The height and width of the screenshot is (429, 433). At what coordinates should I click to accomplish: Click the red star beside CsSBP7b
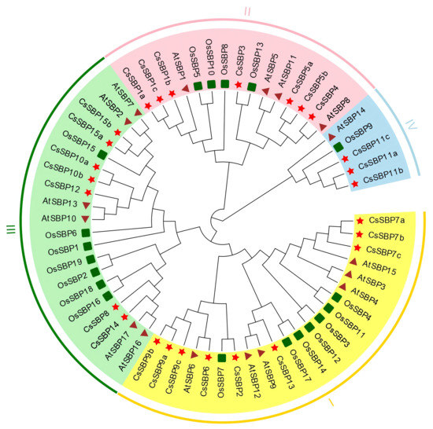click(359, 235)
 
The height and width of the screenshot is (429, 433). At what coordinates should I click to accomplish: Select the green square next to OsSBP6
click(85, 233)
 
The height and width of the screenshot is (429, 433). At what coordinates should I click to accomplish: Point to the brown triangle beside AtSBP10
click(84, 218)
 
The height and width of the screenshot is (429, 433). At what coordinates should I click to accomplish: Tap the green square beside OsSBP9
click(339, 147)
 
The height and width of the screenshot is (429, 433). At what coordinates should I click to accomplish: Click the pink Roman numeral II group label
click(247, 13)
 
